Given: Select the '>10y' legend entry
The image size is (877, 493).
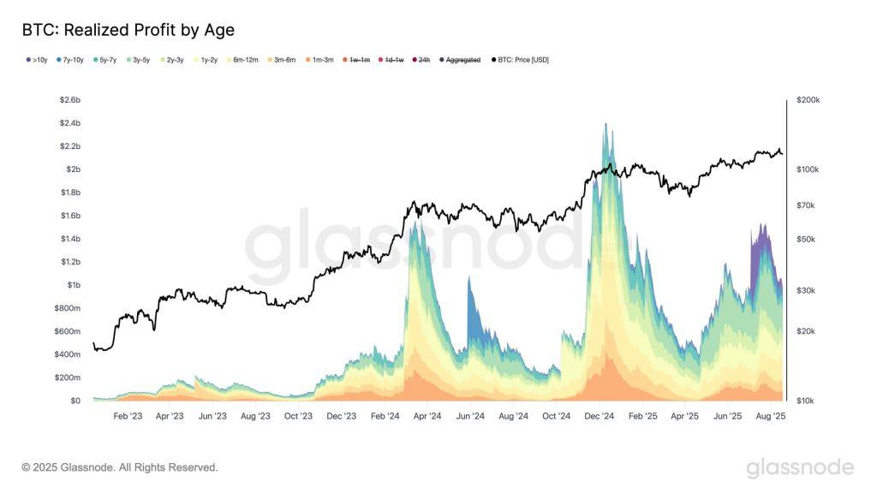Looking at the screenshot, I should pyautogui.click(x=37, y=60).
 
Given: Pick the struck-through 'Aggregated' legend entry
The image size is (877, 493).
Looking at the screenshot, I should pyautogui.click(x=461, y=60).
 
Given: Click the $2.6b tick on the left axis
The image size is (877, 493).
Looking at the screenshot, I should pyautogui.click(x=69, y=100).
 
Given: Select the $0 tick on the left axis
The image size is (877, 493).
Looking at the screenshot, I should pyautogui.click(x=75, y=401).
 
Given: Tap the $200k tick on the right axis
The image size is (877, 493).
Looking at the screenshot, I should pyautogui.click(x=808, y=100).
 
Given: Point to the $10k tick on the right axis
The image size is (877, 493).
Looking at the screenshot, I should pyautogui.click(x=810, y=401).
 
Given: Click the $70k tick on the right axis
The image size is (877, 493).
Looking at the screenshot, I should pyautogui.click(x=810, y=205).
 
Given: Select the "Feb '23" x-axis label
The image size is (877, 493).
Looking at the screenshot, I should pyautogui.click(x=128, y=416).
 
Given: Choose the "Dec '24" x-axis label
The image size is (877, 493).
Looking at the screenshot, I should pyautogui.click(x=599, y=416).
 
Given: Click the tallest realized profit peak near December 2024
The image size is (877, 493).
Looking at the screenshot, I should pyautogui.click(x=606, y=125).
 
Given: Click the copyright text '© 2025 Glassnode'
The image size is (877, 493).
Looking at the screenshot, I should pyautogui.click(x=120, y=467).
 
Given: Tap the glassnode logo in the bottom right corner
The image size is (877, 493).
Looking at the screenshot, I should pyautogui.click(x=799, y=467).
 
